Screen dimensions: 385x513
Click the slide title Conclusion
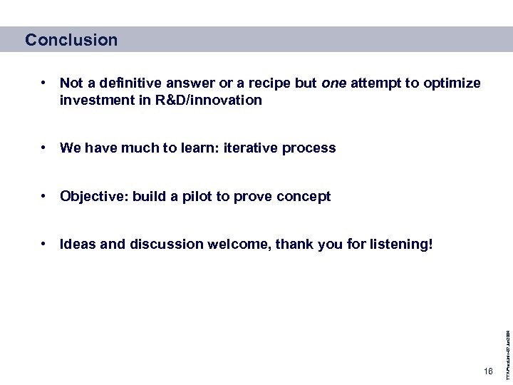pos(71,40)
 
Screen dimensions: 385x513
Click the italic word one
pos(333,83)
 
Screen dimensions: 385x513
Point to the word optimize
pos(452,83)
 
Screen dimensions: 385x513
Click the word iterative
pos(251,148)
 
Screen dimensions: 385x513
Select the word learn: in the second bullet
pos(200,148)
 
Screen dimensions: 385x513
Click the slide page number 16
pos(487,371)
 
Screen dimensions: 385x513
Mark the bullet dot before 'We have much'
pos(44,148)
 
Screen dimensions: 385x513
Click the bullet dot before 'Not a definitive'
pos(44,83)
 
